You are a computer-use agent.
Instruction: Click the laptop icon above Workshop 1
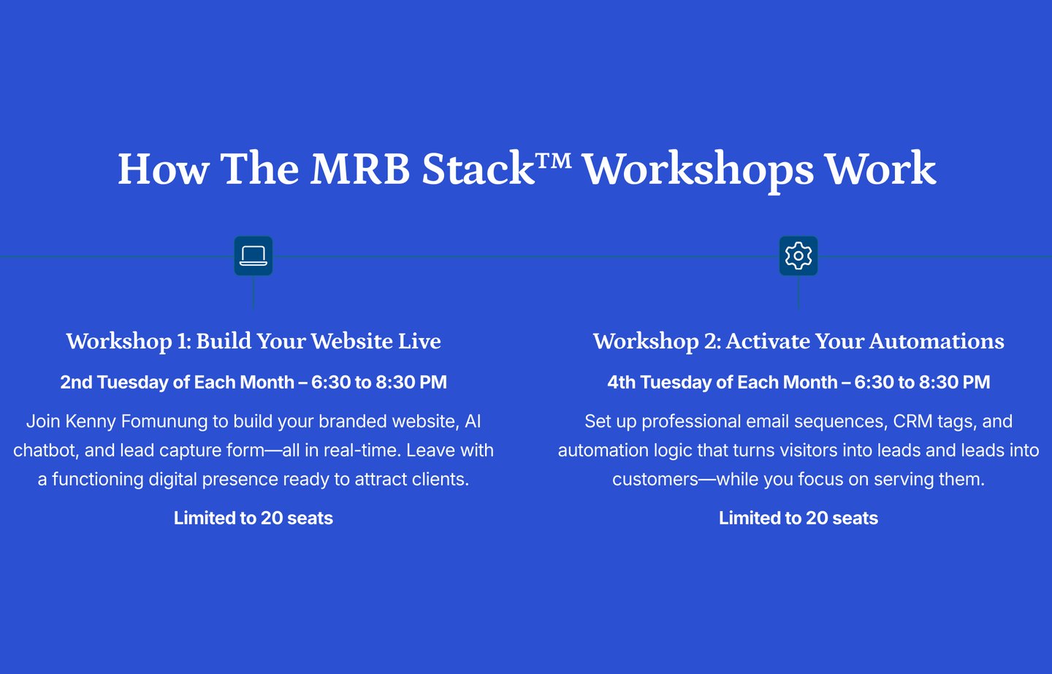(x=253, y=256)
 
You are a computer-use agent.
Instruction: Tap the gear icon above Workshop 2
(x=798, y=256)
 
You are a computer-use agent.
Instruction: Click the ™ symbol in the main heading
(x=554, y=161)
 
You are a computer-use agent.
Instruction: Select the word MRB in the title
(x=360, y=169)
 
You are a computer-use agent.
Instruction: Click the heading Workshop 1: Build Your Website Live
(x=254, y=341)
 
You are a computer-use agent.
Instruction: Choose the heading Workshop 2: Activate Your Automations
(x=798, y=341)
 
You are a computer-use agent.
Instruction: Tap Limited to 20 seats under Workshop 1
(x=254, y=518)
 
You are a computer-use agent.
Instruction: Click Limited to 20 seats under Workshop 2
(x=798, y=518)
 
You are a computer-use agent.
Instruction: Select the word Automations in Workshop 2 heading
(x=937, y=341)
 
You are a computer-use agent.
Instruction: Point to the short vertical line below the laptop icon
(x=254, y=292)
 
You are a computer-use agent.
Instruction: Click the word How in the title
(x=164, y=169)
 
